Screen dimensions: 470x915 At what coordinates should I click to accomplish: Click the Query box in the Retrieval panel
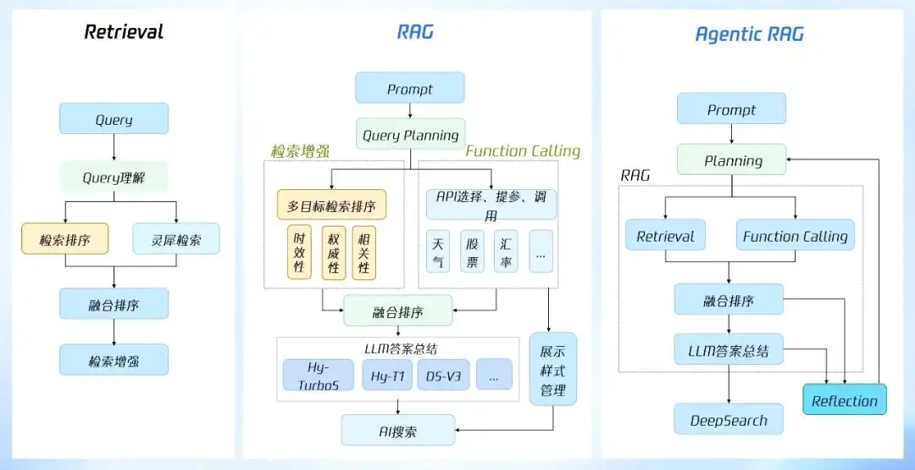tap(114, 119)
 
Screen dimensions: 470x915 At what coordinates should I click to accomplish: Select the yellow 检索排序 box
tap(66, 239)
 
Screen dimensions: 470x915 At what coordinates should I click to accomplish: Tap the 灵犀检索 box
tap(176, 239)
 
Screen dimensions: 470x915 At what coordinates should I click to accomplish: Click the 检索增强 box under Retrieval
tap(114, 360)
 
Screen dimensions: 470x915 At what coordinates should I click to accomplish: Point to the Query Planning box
tap(410, 134)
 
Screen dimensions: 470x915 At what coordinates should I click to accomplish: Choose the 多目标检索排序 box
tap(331, 204)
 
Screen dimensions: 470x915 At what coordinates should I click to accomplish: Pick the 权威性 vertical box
tap(334, 252)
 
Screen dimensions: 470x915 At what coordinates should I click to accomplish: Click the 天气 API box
tap(437, 251)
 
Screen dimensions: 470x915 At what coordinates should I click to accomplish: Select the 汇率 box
tap(506, 251)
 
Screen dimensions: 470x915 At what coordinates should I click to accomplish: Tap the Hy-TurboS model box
tap(311, 374)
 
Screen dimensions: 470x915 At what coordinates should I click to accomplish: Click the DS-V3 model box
tap(443, 374)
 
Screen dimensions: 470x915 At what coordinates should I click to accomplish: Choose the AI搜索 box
tap(398, 430)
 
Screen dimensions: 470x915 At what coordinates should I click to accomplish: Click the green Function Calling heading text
tap(523, 151)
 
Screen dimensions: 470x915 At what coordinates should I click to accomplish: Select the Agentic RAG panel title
tap(749, 35)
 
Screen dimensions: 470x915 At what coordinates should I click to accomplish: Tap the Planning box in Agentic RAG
tap(732, 160)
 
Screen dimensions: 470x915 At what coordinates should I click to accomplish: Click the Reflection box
tap(844, 400)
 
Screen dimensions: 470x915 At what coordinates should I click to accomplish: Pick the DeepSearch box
tap(729, 420)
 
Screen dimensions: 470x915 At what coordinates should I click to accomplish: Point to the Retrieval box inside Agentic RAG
tap(666, 236)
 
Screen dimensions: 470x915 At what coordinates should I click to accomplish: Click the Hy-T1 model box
tap(385, 374)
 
